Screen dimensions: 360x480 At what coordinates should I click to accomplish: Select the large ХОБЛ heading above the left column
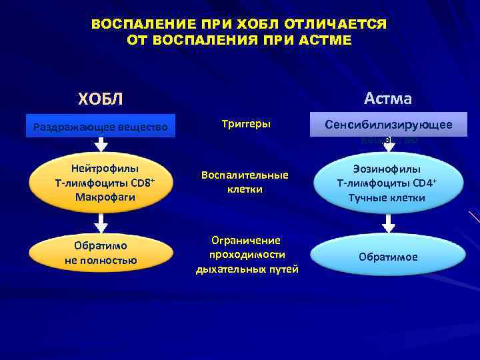click(x=101, y=99)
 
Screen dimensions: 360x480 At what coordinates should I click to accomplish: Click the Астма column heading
click(x=388, y=99)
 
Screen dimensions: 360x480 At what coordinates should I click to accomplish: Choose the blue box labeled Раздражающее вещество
click(x=101, y=126)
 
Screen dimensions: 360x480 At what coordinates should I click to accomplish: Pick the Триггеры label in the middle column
click(x=245, y=124)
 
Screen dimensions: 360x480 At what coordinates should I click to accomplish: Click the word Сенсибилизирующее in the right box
click(x=388, y=125)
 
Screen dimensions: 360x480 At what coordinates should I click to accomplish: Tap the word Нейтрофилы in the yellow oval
click(x=101, y=169)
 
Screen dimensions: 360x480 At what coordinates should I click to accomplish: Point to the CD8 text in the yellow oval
click(x=135, y=183)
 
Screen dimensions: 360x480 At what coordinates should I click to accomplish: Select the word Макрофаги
click(x=101, y=197)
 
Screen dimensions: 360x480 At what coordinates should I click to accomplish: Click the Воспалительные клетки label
click(x=245, y=182)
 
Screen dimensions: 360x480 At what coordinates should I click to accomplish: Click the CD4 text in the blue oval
click(x=423, y=183)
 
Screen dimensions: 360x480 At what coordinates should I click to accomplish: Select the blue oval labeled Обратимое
click(x=388, y=257)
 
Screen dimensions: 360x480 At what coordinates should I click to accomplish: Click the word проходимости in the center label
click(x=246, y=255)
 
